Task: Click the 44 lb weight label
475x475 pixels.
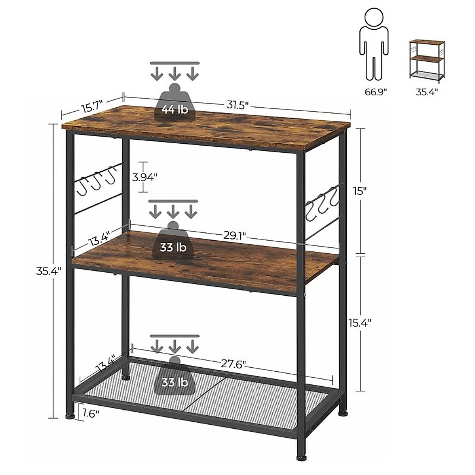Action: tap(175, 109)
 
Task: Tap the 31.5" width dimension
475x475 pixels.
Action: tap(237, 105)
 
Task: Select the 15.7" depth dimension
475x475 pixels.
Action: tap(92, 108)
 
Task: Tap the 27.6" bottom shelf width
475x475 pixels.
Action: tap(234, 364)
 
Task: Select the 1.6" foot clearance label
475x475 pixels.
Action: tap(91, 414)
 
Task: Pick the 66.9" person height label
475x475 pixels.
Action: tap(376, 92)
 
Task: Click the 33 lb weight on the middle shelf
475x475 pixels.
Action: tap(173, 248)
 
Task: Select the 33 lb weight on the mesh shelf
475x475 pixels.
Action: tap(175, 383)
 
